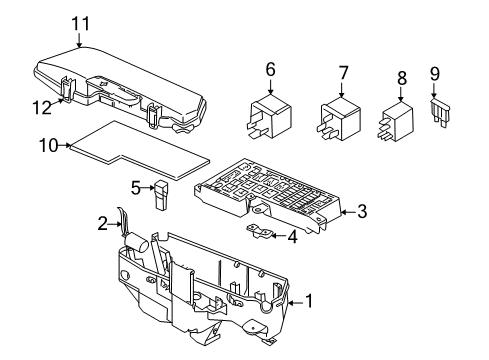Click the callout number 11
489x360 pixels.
pos(81,24)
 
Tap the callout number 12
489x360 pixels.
pos(42,108)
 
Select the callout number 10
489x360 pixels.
pos(49,146)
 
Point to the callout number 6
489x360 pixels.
pos(270,70)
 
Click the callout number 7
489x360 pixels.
pos(343,73)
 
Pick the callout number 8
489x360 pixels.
pos(402,78)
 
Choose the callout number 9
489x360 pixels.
pos(435,74)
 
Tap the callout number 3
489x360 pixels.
pos(362,212)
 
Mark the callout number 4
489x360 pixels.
pos(292,237)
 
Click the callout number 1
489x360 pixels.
pos(310,301)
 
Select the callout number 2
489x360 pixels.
pos(103,224)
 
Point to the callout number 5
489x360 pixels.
pos(136,189)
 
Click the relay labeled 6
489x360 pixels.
pos(270,116)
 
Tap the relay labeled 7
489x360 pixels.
pos(340,119)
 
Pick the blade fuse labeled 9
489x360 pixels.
pos(440,112)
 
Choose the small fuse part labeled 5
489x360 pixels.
pos(161,196)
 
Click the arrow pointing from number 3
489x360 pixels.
pos(348,212)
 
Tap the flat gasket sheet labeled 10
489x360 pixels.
pos(140,150)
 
